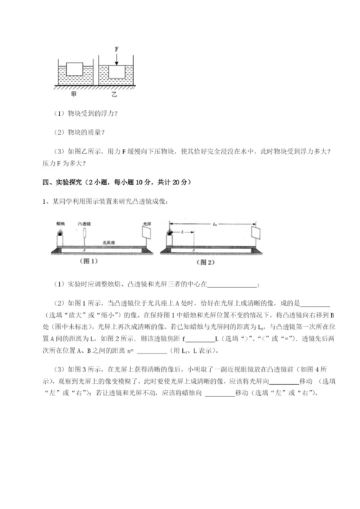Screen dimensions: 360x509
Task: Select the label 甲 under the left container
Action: pyautogui.click(x=73, y=94)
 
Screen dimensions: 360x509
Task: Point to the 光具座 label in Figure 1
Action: pyautogui.click(x=109, y=243)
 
